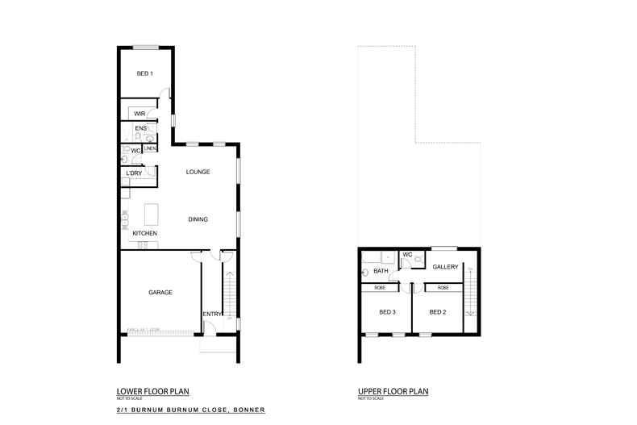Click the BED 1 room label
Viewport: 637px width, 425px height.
(x=145, y=74)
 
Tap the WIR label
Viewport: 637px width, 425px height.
(x=139, y=115)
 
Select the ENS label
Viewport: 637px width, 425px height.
(x=140, y=128)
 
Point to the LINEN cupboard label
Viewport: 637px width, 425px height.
(x=150, y=148)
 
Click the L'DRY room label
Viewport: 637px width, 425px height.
(x=134, y=173)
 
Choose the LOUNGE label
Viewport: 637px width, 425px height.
(x=198, y=172)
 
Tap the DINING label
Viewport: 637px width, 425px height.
(x=198, y=219)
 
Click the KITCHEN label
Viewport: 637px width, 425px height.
(x=145, y=234)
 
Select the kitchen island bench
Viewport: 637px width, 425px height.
(x=151, y=215)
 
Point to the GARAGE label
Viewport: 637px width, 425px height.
(x=160, y=292)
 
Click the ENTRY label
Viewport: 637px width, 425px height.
(x=211, y=315)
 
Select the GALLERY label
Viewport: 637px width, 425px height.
(x=445, y=267)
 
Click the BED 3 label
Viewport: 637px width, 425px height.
(x=388, y=311)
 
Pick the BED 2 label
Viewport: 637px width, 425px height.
(x=438, y=311)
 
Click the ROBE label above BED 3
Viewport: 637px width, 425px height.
(x=380, y=287)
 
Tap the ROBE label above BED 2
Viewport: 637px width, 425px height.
(x=443, y=287)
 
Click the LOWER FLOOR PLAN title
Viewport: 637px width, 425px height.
(x=152, y=391)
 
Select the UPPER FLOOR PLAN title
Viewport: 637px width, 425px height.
(x=393, y=391)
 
